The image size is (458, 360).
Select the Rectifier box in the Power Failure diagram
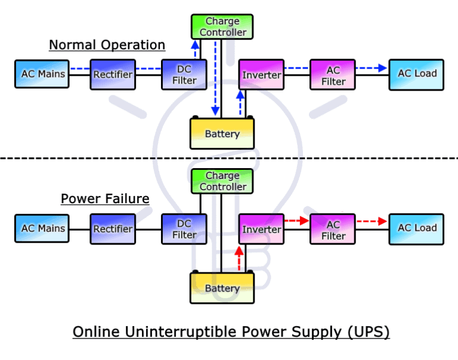113,229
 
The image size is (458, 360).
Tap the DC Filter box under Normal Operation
184,75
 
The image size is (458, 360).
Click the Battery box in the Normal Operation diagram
222,134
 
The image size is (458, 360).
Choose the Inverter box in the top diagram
261,75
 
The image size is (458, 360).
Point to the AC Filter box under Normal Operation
333,75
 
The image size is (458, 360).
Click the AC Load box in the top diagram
417,75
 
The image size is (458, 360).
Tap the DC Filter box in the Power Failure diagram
184,229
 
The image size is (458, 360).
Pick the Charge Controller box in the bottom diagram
222,181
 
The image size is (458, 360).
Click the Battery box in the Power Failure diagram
222,288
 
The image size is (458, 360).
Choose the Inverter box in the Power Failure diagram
261,229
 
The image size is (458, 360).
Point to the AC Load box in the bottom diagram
417,229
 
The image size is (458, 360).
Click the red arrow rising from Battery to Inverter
239,257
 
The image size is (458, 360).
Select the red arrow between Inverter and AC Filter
296,221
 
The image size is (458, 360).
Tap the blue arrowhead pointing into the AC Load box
382,68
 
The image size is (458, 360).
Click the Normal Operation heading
107,45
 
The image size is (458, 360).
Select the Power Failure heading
105,198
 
